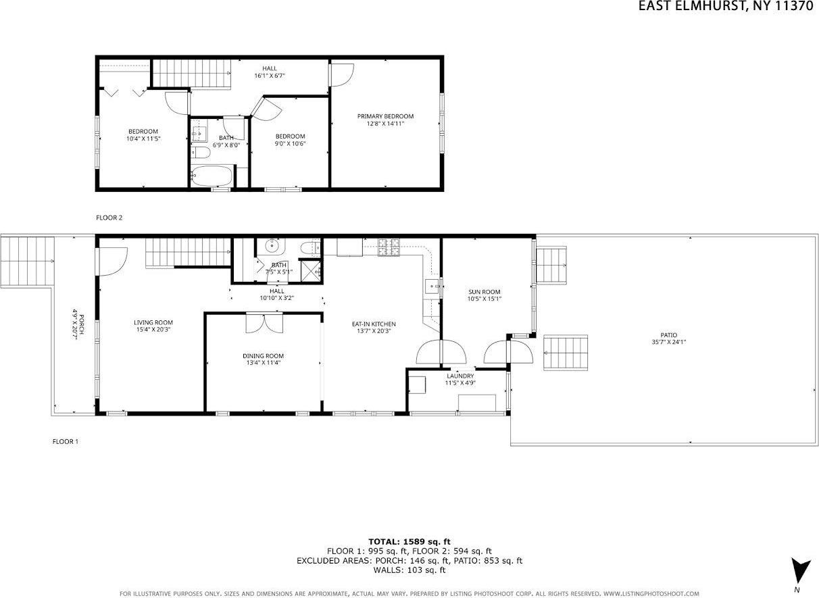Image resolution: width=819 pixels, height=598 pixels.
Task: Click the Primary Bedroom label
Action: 385,116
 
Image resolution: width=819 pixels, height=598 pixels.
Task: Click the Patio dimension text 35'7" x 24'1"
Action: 669,342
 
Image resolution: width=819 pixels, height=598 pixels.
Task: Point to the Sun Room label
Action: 485,292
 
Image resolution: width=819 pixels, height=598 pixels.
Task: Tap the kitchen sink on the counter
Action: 432,287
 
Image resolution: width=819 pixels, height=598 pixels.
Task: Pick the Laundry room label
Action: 461,376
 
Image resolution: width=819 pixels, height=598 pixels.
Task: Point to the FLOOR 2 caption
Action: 109,218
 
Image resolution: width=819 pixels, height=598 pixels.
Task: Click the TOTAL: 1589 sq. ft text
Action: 409,541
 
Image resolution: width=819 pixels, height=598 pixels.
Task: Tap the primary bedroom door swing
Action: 342,74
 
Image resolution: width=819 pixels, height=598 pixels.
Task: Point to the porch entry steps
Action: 27,261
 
